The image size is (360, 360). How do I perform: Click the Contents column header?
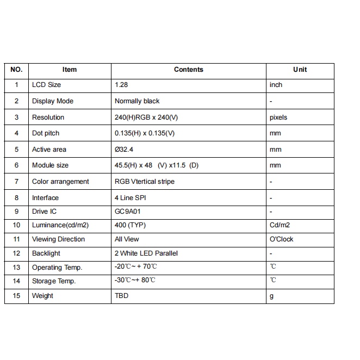click(188, 70)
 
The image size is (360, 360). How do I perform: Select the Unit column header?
click(300, 70)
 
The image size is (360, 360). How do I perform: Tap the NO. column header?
click(16, 70)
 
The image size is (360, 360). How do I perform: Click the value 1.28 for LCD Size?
click(121, 85)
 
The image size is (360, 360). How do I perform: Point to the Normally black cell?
click(137, 101)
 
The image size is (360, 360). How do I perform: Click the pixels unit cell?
click(278, 117)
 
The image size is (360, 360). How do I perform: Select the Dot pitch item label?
click(46, 133)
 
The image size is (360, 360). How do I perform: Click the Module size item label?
click(50, 165)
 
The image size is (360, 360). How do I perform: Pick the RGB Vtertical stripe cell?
click(145, 182)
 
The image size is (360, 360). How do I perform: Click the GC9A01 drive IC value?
click(128, 212)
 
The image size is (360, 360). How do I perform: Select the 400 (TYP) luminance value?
click(130, 225)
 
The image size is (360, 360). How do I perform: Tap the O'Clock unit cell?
click(281, 239)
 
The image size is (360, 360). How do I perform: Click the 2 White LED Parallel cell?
click(146, 253)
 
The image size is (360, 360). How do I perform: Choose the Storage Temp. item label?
click(54, 281)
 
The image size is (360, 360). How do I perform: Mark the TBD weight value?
click(121, 296)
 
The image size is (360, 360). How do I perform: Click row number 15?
click(16, 296)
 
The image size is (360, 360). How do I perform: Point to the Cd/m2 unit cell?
click(280, 225)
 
